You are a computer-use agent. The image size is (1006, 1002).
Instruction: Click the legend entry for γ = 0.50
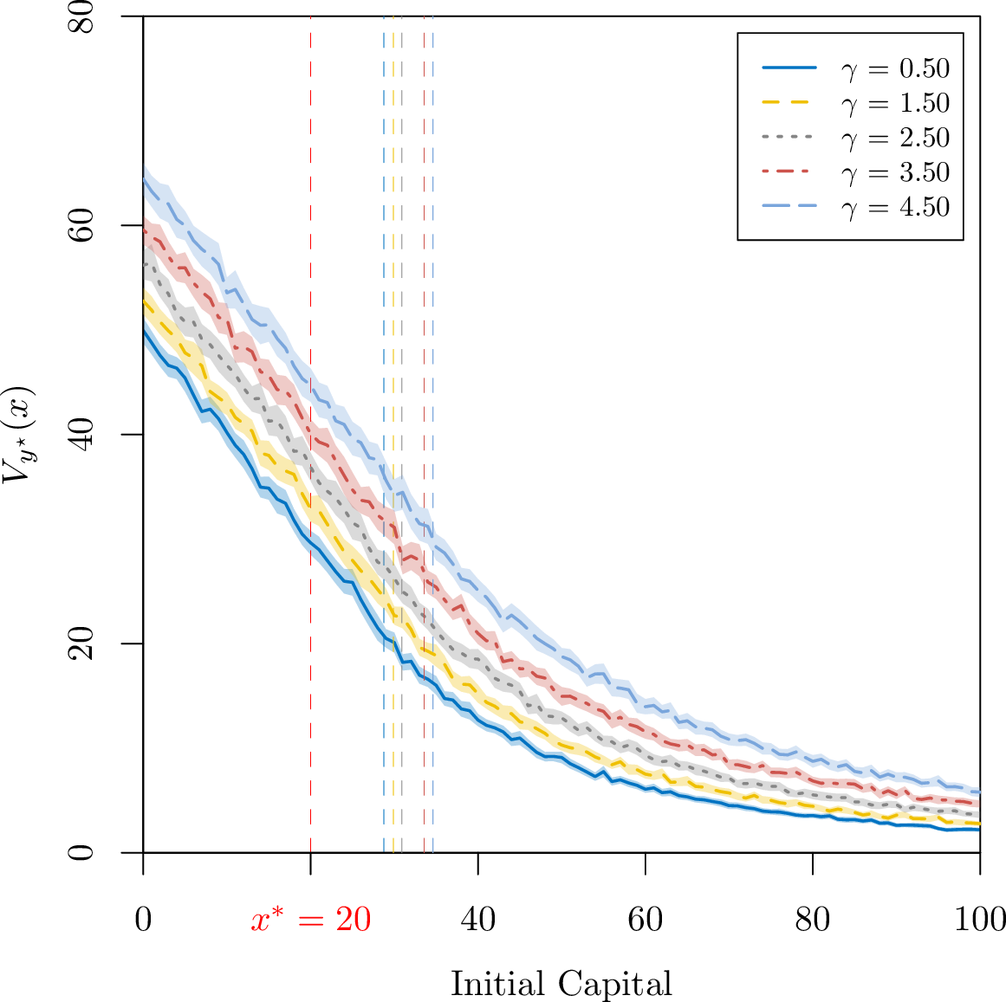(x=856, y=68)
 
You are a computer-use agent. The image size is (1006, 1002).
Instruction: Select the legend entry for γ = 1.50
(x=856, y=102)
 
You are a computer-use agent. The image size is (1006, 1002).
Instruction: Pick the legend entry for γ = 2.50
(x=856, y=137)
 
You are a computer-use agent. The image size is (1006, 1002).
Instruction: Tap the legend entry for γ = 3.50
(x=856, y=171)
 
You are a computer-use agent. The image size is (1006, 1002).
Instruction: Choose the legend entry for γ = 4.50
(x=856, y=206)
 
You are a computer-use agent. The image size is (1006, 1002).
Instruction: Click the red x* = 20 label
(x=310, y=920)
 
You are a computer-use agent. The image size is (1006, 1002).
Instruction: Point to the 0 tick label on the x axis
(x=143, y=920)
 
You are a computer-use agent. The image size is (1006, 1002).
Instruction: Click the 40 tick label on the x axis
(x=478, y=920)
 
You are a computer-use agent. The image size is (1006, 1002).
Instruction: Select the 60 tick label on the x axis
(x=646, y=920)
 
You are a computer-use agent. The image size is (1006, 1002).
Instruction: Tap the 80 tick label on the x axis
(x=813, y=920)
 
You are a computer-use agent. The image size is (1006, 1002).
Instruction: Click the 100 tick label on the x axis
(x=980, y=920)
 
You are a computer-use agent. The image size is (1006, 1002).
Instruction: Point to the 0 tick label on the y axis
(x=81, y=852)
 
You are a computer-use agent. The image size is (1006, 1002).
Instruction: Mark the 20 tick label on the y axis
(x=81, y=643)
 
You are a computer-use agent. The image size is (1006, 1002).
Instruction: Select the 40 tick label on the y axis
(x=81, y=434)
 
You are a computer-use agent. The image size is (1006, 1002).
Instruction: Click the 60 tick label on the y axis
(x=81, y=225)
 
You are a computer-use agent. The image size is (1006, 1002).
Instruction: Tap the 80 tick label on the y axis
(x=81, y=17)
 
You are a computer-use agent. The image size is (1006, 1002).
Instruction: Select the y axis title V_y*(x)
(x=18, y=434)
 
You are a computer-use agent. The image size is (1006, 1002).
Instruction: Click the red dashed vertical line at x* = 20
(x=310, y=434)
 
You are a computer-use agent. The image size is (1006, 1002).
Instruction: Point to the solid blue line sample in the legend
(x=789, y=68)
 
